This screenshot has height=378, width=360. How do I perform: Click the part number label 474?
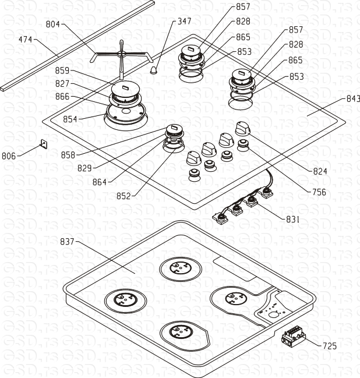25,39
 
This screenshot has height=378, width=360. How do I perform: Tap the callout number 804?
53,24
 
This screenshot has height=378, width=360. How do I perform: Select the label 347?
185,21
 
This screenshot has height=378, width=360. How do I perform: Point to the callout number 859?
62,70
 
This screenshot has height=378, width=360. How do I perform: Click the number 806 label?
9,156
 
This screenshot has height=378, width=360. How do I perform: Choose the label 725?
330,346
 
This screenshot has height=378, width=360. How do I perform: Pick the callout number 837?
67,242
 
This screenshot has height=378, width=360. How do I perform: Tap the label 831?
293,220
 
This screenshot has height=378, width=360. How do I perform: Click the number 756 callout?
319,192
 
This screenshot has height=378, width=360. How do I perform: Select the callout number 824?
320,171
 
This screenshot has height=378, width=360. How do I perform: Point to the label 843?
353,98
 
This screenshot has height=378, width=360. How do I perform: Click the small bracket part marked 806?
44,144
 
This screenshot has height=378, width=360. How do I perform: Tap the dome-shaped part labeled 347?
154,70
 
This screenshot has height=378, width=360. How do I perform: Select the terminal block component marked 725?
294,336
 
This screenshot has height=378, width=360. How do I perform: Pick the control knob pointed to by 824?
242,129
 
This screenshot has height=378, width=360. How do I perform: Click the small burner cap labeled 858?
174,129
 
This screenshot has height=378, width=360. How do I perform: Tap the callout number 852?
123,196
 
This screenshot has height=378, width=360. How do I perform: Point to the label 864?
100,182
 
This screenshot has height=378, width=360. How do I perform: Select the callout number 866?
62,97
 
